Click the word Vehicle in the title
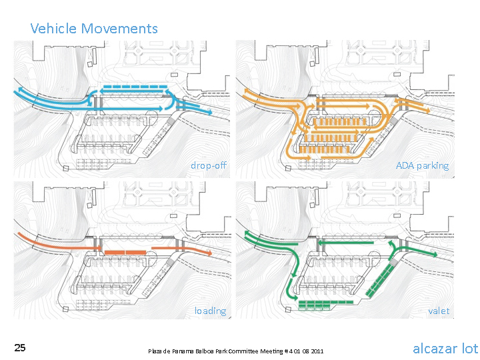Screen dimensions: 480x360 53,29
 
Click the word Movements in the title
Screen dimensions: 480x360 119,29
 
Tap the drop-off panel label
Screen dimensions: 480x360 209,165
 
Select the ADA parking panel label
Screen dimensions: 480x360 423,165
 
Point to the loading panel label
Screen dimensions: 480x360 211,311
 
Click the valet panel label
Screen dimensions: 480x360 439,311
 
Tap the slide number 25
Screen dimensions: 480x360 20,348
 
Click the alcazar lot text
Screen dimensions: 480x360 445,349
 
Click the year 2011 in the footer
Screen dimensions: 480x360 317,351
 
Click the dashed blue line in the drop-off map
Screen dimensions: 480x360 135,87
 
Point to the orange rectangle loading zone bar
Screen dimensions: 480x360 125,253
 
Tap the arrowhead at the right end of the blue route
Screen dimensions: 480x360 209,113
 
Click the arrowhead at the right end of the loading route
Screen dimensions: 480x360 209,253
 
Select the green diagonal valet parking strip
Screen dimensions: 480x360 379,280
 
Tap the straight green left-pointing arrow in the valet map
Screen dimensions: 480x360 345,243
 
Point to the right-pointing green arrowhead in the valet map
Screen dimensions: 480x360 435,255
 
